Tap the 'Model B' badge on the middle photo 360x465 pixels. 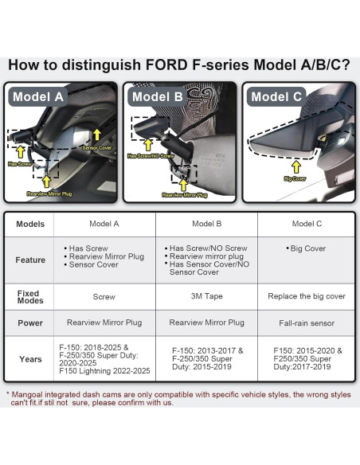tap(158, 97)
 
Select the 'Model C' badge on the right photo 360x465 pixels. tap(276, 97)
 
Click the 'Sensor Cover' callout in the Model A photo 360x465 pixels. tap(97, 148)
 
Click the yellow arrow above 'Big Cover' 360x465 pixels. tap(295, 166)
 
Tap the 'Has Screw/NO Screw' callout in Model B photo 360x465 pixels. tap(151, 156)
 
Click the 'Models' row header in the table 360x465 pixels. tap(30, 224)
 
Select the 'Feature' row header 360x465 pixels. tap(30, 260)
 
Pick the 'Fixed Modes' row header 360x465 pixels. tap(29, 296)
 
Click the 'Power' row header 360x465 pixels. tap(30, 322)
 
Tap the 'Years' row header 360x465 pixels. tap(30, 359)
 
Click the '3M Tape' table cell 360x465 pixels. tap(206, 297)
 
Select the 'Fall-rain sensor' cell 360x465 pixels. tap(307, 322)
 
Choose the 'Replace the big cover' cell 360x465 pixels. tap(307, 296)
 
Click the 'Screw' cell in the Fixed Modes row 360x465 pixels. tap(104, 297)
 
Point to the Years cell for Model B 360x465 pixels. tap(206, 359)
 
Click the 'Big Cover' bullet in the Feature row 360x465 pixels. tap(305, 248)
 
